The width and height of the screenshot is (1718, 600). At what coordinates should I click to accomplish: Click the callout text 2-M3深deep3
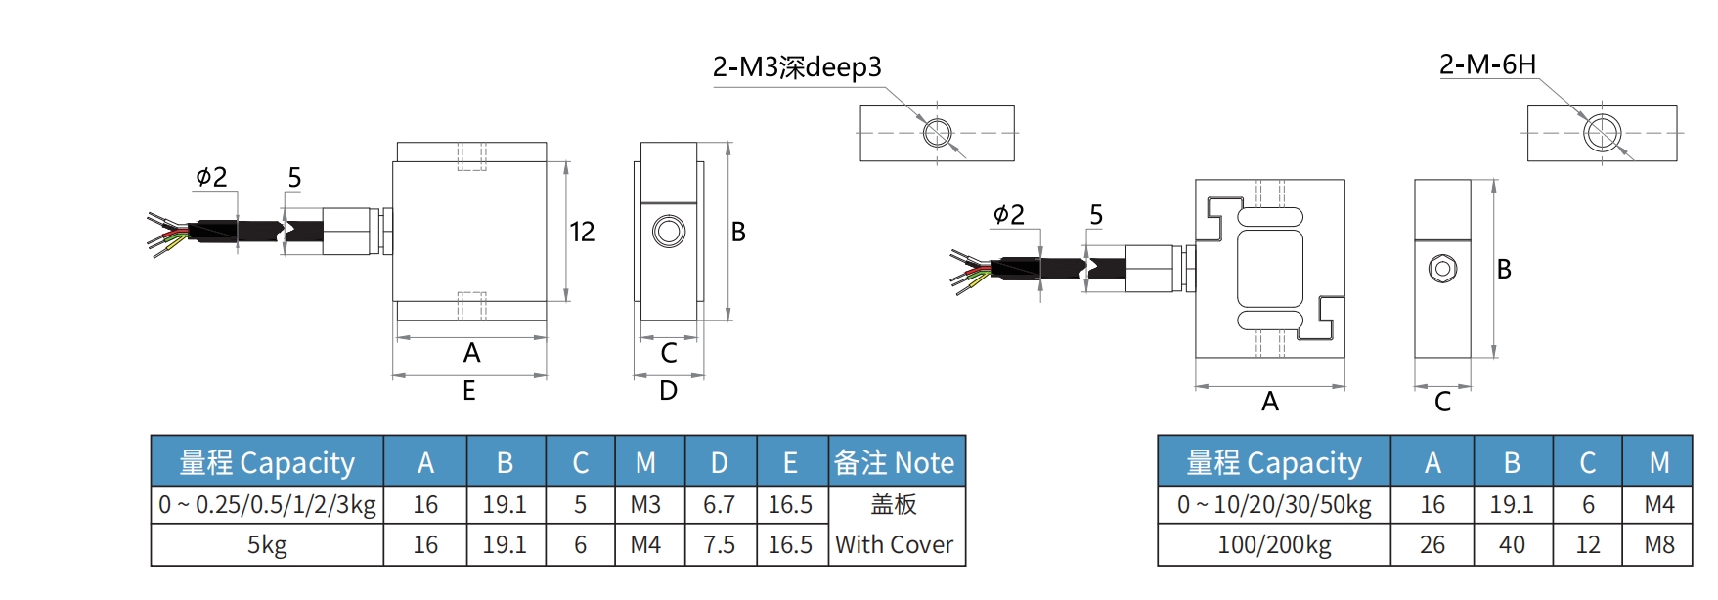(x=797, y=67)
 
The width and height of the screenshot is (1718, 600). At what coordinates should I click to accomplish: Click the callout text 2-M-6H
(x=1487, y=64)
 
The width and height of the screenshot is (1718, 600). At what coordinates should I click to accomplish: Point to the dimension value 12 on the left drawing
(x=582, y=232)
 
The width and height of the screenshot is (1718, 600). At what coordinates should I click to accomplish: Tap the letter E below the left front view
(x=469, y=391)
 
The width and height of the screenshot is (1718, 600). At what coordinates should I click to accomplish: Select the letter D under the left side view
(x=668, y=391)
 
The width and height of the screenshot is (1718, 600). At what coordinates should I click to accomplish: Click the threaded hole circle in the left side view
(x=669, y=232)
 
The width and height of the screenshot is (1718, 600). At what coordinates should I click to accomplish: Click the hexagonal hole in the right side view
(x=1442, y=269)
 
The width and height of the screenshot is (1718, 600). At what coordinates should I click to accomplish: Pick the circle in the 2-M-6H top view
(x=1603, y=133)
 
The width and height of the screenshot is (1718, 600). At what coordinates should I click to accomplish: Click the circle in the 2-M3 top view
(x=938, y=133)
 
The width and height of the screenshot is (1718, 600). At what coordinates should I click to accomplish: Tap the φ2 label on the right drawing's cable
(x=1008, y=214)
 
